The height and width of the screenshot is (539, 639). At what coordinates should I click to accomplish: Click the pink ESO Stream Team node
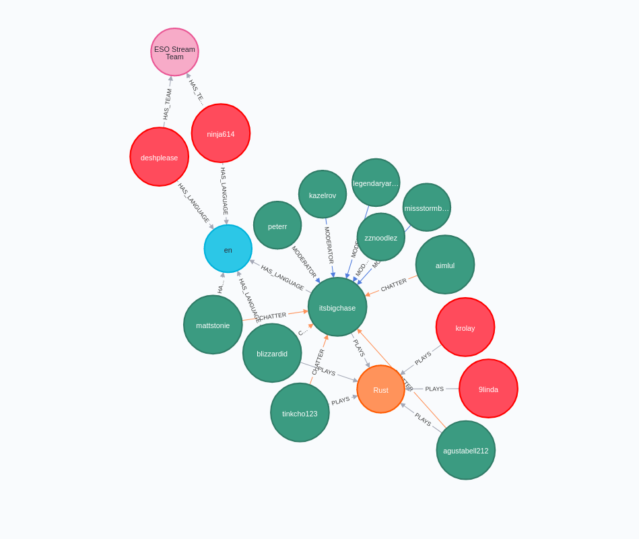(174, 52)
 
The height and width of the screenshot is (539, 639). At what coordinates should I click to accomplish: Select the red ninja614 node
(221, 133)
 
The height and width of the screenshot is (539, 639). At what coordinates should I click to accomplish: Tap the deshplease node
(160, 157)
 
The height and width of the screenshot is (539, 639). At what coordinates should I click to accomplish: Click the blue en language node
(228, 249)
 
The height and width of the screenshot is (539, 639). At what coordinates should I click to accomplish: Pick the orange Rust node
(380, 389)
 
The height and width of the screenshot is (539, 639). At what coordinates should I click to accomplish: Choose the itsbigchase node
(337, 307)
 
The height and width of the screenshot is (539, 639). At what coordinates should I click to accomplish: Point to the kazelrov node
(323, 195)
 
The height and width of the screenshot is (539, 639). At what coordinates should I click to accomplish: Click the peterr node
(277, 226)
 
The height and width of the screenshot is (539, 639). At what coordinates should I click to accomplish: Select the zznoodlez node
(381, 237)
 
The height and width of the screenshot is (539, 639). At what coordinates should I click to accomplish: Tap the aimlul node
(445, 265)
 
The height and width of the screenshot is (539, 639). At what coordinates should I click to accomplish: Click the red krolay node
(465, 327)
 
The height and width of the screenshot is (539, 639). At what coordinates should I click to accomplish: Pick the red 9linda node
(488, 389)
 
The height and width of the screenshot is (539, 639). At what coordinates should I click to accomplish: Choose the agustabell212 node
(466, 450)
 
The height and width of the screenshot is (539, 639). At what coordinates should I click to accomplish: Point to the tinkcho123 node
(300, 413)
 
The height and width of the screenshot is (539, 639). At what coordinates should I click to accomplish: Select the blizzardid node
(272, 353)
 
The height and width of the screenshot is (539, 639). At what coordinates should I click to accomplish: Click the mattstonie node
(213, 325)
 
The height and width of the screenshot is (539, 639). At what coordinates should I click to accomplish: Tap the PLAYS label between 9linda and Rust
(434, 389)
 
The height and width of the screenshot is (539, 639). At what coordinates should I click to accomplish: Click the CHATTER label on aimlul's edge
(394, 285)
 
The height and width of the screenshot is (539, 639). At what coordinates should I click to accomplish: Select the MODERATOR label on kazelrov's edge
(328, 245)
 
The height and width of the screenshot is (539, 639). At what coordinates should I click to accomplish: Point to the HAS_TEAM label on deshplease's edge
(167, 104)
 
